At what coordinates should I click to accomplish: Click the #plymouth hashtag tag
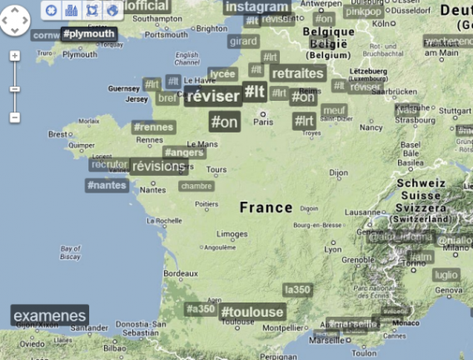[x=88, y=34]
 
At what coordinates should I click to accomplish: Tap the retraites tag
[x=297, y=73]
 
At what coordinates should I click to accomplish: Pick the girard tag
[x=243, y=41]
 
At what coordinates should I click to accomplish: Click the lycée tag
[x=222, y=74]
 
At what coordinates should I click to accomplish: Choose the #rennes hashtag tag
[x=153, y=127]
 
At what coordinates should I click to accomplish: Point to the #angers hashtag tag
[x=184, y=152]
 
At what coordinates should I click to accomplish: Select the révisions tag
[x=158, y=167]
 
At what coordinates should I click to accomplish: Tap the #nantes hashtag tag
[x=107, y=184]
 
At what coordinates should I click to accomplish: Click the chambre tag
[x=196, y=186]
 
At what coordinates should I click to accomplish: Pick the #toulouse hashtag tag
[x=251, y=312]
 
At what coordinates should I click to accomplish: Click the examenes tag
[x=50, y=316]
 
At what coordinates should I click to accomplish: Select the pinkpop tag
[x=363, y=12]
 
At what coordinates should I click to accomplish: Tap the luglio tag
[x=446, y=275]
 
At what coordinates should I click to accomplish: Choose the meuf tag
[x=333, y=110]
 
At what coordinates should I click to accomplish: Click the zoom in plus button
[x=15, y=57]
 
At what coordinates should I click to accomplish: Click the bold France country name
[x=266, y=207]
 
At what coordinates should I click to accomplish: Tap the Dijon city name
[x=338, y=173]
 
